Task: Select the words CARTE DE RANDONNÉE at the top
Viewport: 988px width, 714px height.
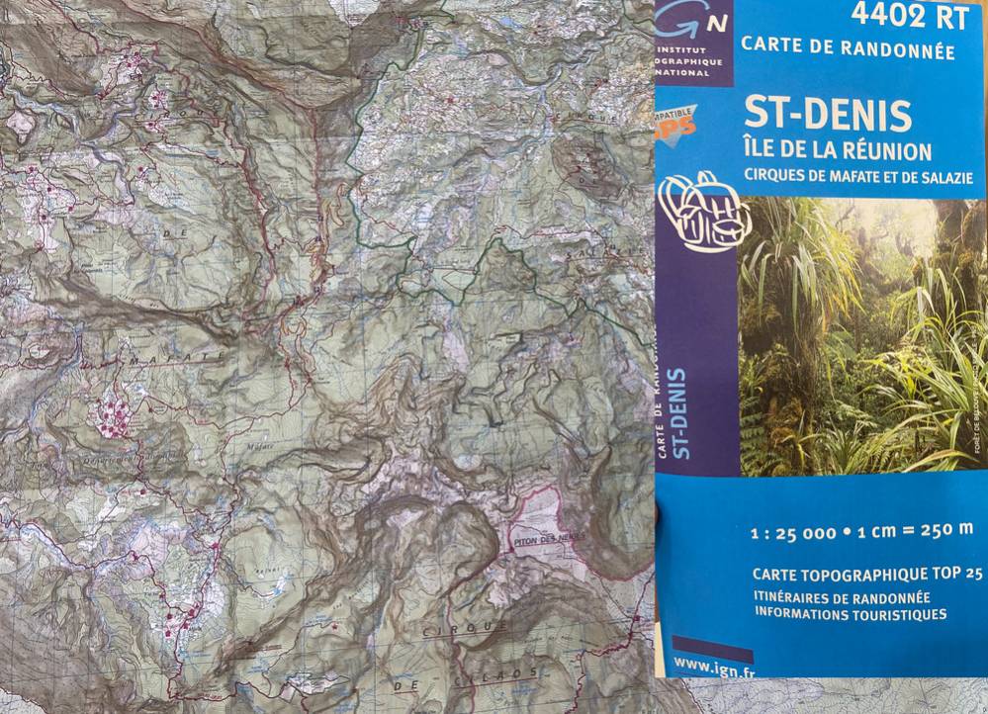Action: click(848, 47)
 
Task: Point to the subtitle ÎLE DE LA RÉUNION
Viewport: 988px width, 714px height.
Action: click(837, 151)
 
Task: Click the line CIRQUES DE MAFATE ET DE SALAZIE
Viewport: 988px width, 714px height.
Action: click(858, 177)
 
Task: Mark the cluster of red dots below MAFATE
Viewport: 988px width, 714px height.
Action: click(112, 415)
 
